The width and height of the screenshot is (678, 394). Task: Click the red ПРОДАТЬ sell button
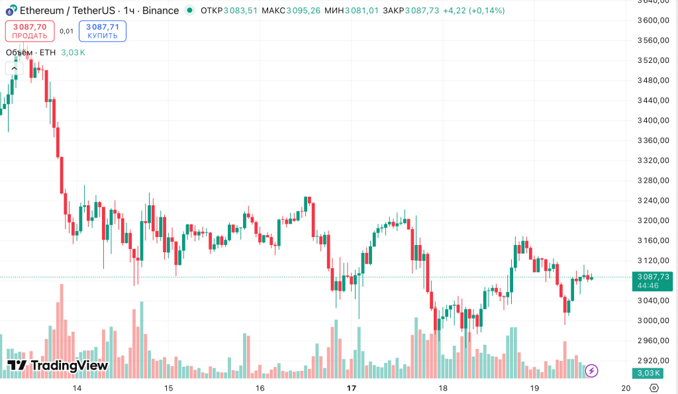click(30, 31)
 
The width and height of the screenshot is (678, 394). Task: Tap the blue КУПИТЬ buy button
click(103, 31)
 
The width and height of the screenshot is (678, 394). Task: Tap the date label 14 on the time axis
click(77, 388)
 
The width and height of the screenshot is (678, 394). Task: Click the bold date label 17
click(352, 388)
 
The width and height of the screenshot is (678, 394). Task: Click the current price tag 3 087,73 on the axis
click(653, 277)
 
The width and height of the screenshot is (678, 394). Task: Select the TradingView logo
click(58, 366)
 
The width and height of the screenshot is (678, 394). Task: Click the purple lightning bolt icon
click(592, 371)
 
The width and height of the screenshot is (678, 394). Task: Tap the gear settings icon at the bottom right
click(654, 388)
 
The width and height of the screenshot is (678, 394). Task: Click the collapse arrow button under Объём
click(15, 68)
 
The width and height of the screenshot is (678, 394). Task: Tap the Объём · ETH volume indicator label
click(31, 53)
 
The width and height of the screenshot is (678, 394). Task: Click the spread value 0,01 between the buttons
click(66, 31)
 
